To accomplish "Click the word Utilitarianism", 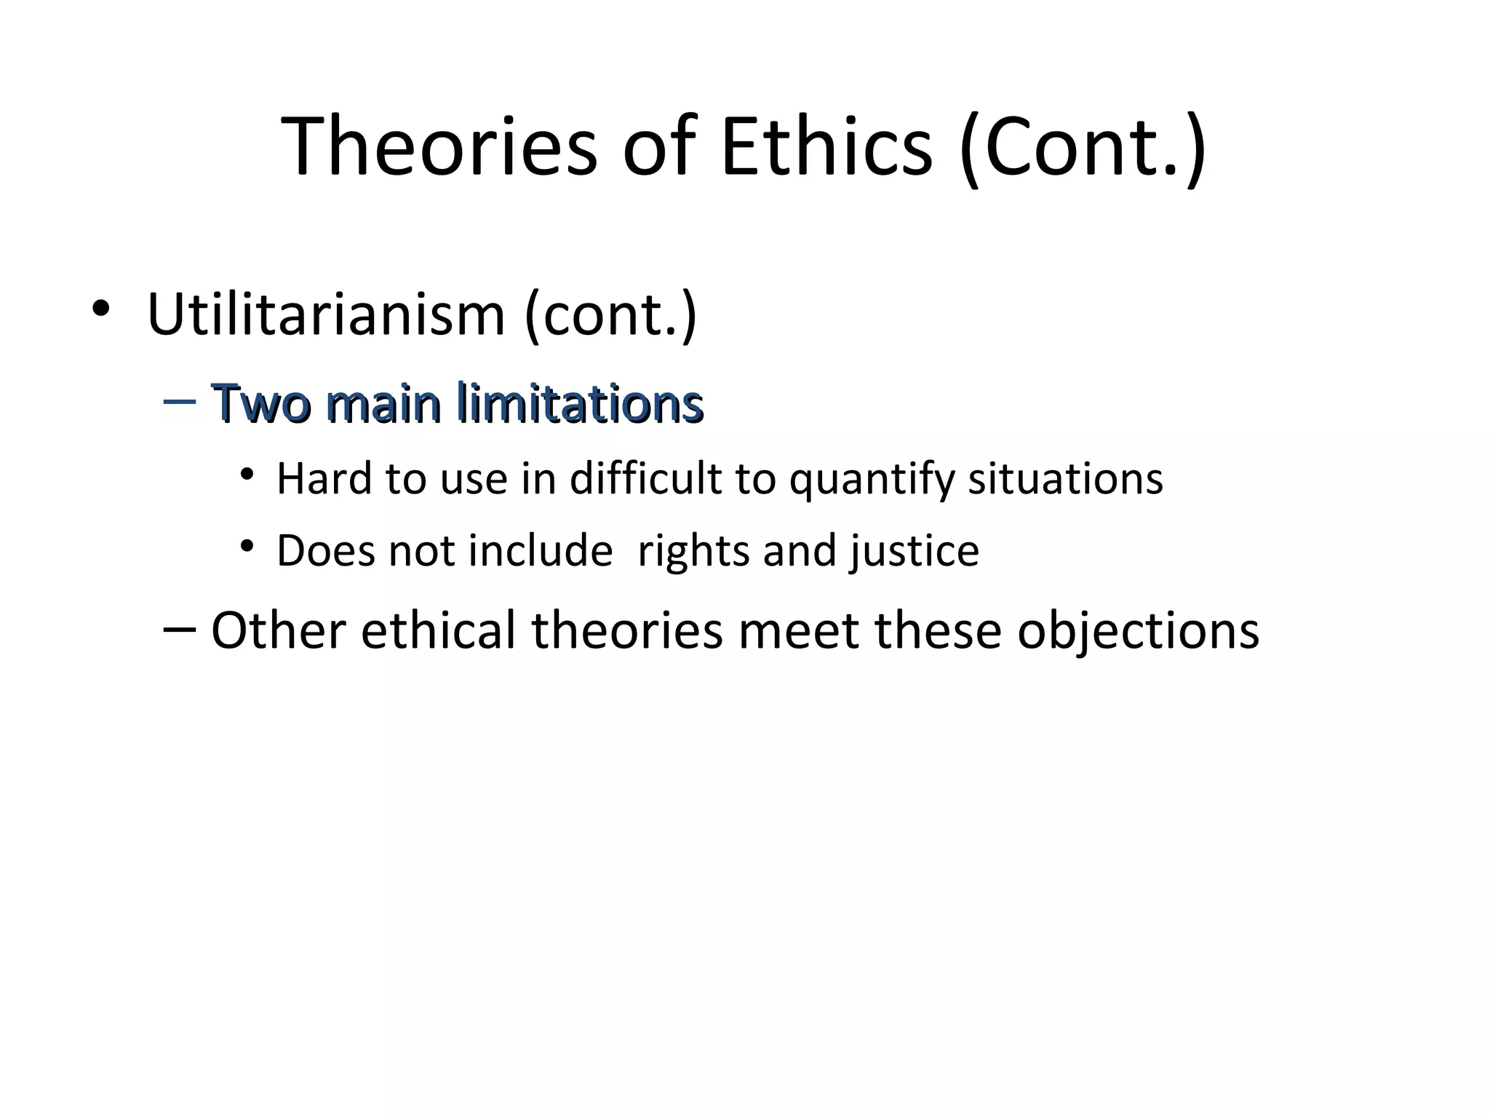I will point(325,314).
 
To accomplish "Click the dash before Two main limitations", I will point(180,402).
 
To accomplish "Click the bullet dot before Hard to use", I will point(247,475).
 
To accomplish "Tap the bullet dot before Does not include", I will point(247,545).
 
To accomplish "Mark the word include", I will point(541,551).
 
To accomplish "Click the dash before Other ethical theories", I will point(180,629).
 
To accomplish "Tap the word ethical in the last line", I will point(439,630).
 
